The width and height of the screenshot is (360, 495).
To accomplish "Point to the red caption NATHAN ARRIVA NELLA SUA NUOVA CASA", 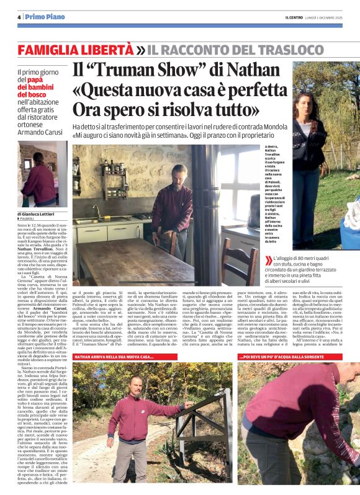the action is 114,357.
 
